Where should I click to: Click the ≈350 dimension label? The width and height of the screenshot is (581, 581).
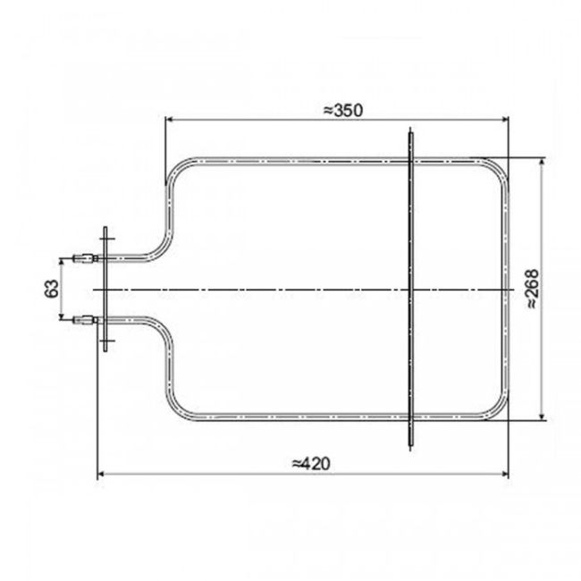[x=340, y=109]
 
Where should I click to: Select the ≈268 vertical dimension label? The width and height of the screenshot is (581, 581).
[x=531, y=291]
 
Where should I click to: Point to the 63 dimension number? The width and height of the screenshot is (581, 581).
[x=51, y=288]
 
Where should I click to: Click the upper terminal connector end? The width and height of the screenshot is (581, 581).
[x=84, y=260]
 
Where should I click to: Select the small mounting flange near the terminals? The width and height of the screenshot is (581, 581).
[x=105, y=288]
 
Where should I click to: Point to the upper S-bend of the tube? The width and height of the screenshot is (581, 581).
[x=161, y=241]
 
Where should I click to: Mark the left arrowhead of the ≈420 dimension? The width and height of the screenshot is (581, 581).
[x=100, y=475]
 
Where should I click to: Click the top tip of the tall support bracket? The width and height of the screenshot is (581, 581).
[x=409, y=132]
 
